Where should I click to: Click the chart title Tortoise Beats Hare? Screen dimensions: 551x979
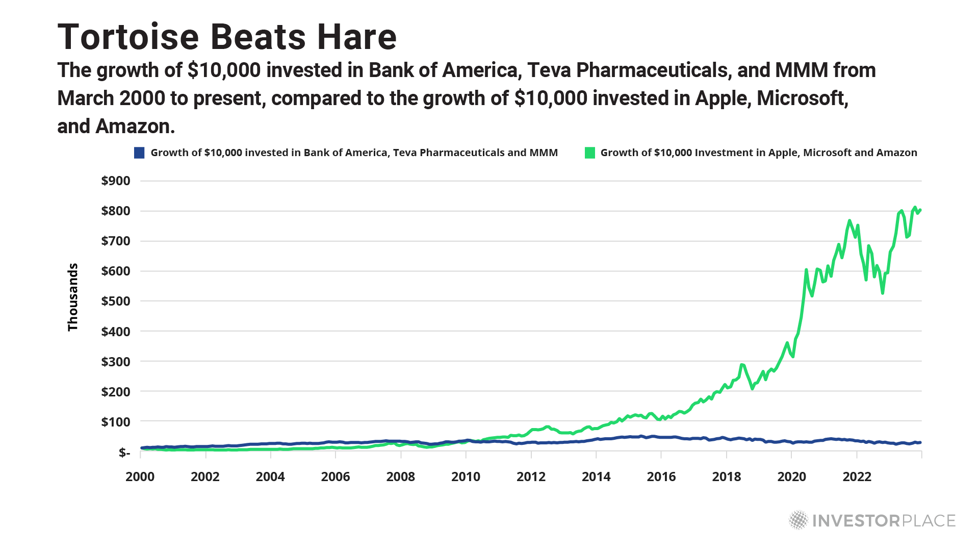[x=227, y=37]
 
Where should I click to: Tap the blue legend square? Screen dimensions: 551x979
[x=139, y=153]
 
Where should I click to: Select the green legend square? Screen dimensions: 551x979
[x=590, y=153]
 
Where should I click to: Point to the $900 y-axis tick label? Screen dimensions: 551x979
[x=116, y=181]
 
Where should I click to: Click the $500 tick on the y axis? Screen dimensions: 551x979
[x=116, y=301]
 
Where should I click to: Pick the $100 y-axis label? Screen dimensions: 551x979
[x=116, y=422]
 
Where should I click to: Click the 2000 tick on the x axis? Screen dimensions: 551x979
[x=140, y=477]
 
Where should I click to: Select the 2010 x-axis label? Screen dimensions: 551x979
[x=466, y=477]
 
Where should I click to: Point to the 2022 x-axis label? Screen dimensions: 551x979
[x=857, y=477]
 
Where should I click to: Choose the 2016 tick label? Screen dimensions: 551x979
[x=661, y=477]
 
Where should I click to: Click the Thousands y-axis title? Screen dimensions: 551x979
[x=73, y=297]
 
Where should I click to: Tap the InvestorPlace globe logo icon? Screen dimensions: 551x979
[x=798, y=520]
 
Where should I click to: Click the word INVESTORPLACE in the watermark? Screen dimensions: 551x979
[x=884, y=520]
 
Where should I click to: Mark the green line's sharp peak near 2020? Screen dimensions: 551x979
[x=806, y=270]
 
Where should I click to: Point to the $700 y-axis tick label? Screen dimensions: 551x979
[x=116, y=241]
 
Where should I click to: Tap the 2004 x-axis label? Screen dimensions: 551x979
[x=270, y=477]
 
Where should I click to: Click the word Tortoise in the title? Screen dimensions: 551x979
[x=128, y=37]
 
